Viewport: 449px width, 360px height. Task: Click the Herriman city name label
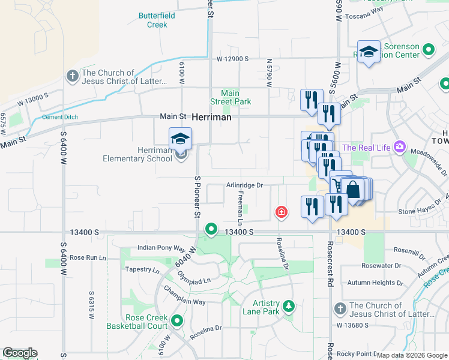[x=212, y=118]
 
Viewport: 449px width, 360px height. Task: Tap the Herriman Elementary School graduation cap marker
[x=180, y=140]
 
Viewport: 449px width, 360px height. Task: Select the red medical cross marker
[x=280, y=212]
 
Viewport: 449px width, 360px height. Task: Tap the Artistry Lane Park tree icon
[x=289, y=307]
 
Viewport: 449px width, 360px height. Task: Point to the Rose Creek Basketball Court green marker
[x=177, y=321]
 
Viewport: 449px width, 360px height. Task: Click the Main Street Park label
[x=230, y=97]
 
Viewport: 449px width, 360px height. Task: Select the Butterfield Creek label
[x=157, y=20]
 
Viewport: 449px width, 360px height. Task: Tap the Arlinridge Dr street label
[x=245, y=185]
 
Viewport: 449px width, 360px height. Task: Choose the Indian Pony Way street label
[x=161, y=247]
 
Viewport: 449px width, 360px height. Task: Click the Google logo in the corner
[x=20, y=353]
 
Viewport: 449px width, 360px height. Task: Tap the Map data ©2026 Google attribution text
[x=411, y=355]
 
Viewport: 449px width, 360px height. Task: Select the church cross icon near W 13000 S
[x=72, y=76]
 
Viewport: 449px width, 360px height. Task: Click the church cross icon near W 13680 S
[x=339, y=309]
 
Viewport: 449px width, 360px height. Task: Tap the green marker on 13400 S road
[x=211, y=229]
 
